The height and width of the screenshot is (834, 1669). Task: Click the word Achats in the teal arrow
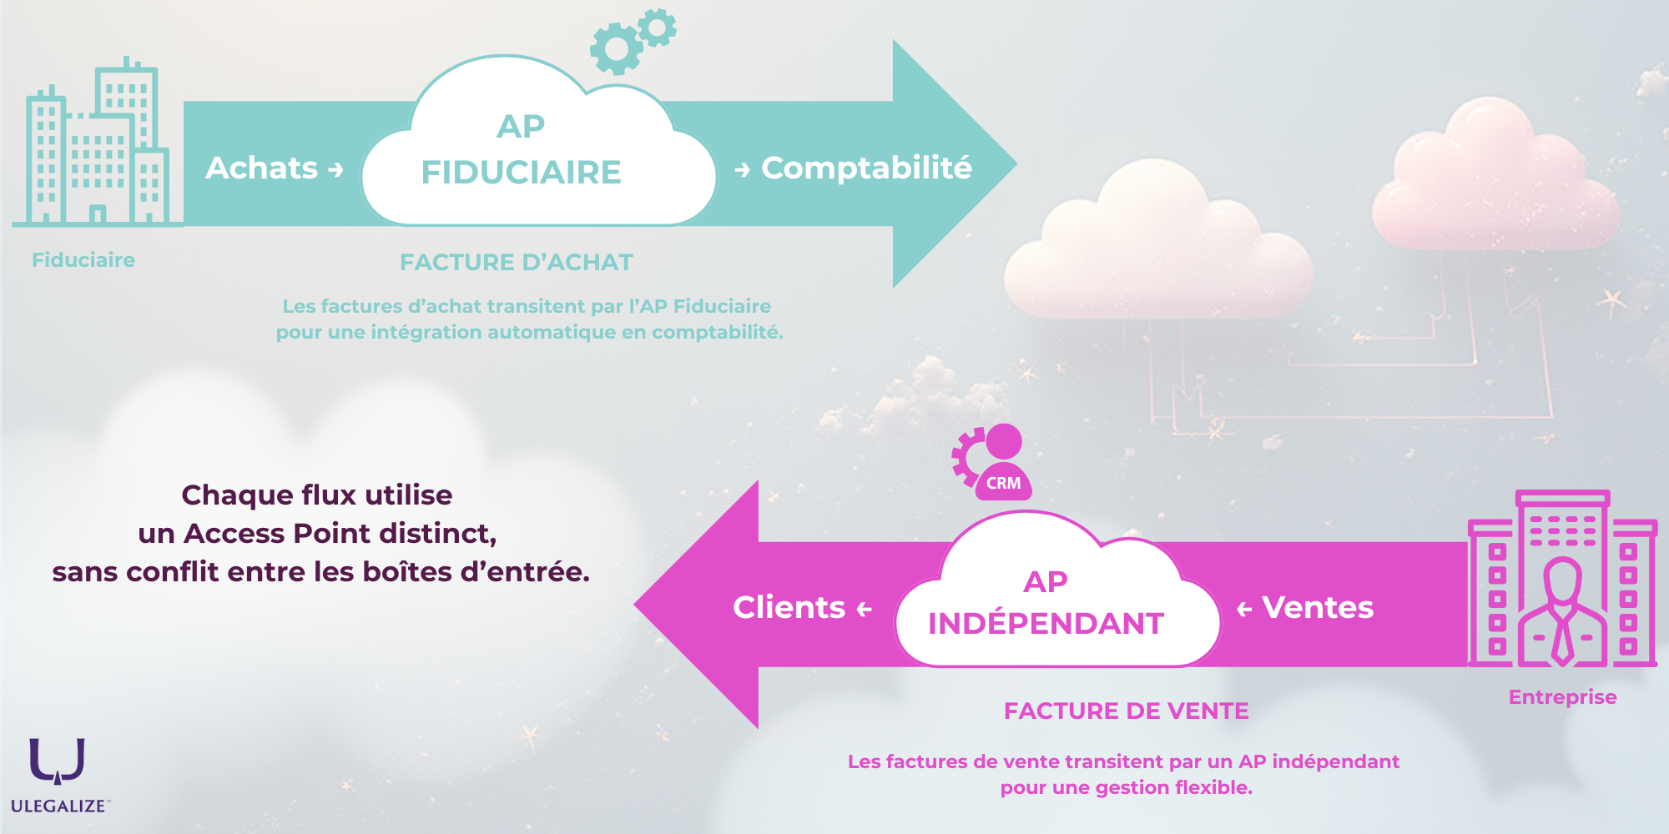point(261,168)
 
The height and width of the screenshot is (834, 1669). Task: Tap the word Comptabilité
point(866,168)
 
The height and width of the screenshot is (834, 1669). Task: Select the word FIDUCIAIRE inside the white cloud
point(521,173)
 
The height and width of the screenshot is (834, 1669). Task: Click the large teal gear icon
point(616,49)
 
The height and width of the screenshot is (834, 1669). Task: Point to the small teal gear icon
point(658,28)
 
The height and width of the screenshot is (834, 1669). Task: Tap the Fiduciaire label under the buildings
point(83,260)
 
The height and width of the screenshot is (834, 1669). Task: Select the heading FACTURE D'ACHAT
point(516,263)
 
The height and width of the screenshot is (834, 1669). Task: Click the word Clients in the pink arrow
point(789,608)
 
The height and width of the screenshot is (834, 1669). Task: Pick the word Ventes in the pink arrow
point(1318,608)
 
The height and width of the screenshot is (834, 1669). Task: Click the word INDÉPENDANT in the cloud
point(1046,624)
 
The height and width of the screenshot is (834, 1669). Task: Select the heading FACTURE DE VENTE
point(1126,711)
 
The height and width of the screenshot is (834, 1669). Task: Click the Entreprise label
point(1562,697)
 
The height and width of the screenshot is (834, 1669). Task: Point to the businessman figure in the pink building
point(1562,613)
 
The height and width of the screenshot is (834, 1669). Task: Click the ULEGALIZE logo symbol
point(57,761)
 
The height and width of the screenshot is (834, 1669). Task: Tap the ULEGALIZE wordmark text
point(58,806)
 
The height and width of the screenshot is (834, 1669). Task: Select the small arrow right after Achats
point(335,170)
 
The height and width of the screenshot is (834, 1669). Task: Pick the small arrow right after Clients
point(864,610)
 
